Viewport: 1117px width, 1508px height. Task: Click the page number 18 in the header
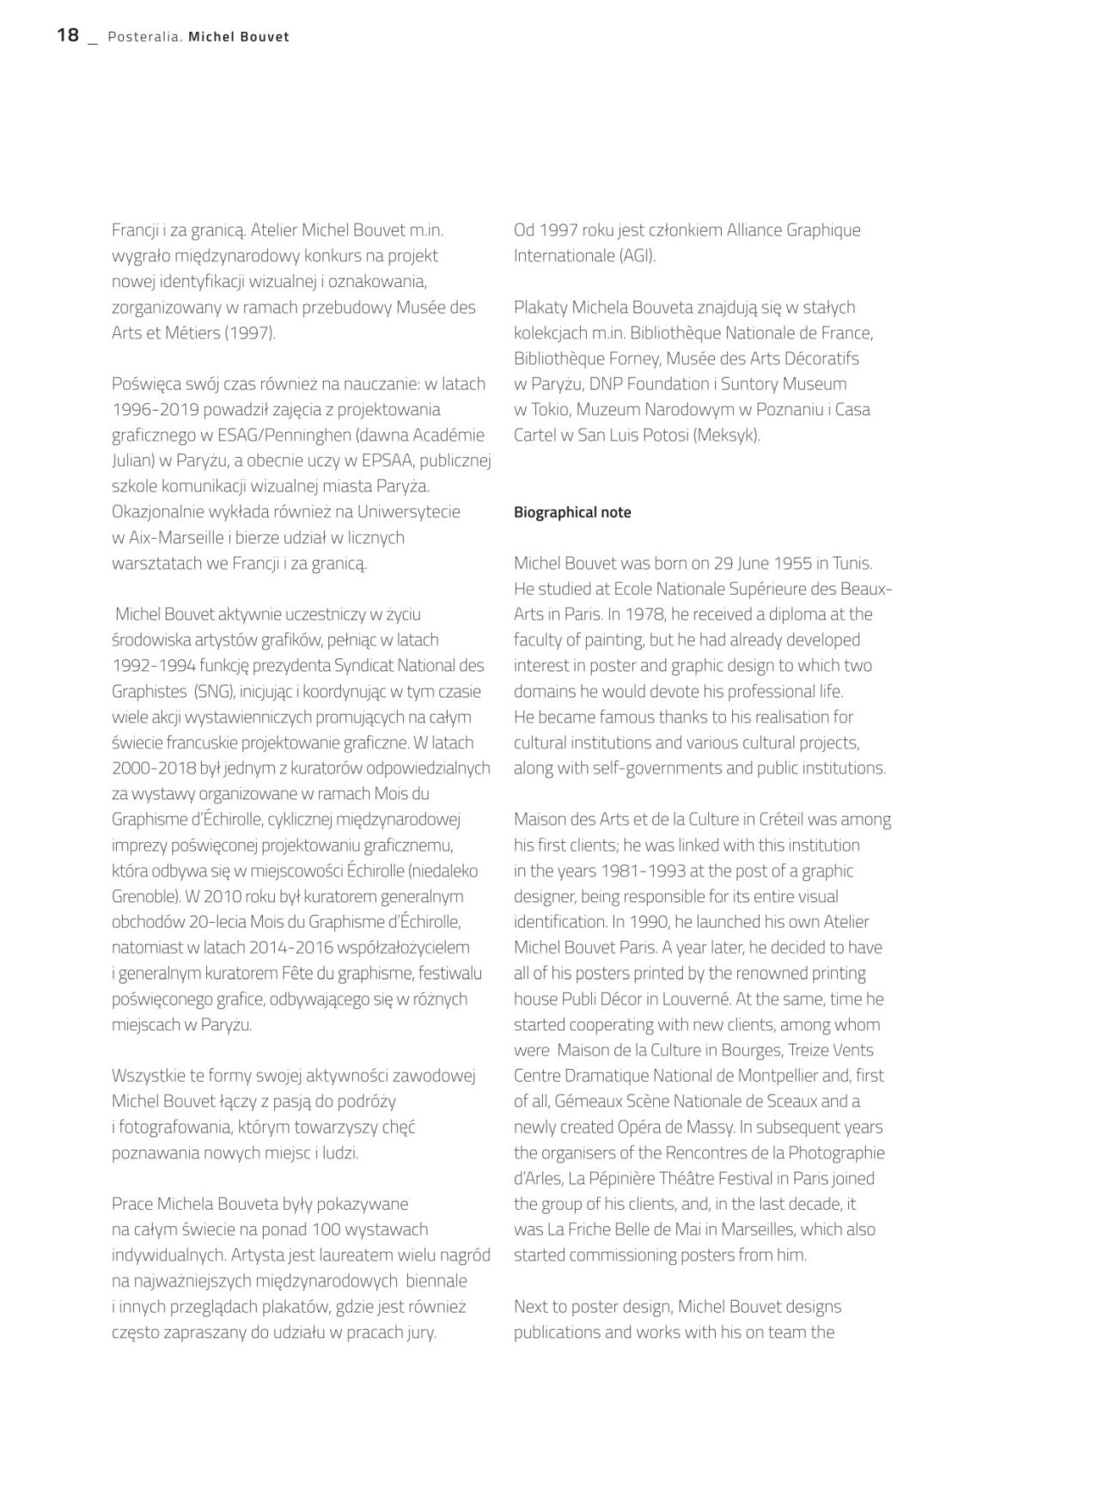tap(68, 35)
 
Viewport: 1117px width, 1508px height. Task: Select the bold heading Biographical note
tap(572, 512)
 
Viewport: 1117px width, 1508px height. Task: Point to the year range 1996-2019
tap(147, 410)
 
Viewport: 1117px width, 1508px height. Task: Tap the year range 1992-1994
tap(147, 666)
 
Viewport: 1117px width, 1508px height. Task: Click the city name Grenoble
tap(144, 896)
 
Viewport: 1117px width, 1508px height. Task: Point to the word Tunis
tap(851, 564)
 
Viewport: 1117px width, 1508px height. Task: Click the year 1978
tap(662, 614)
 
